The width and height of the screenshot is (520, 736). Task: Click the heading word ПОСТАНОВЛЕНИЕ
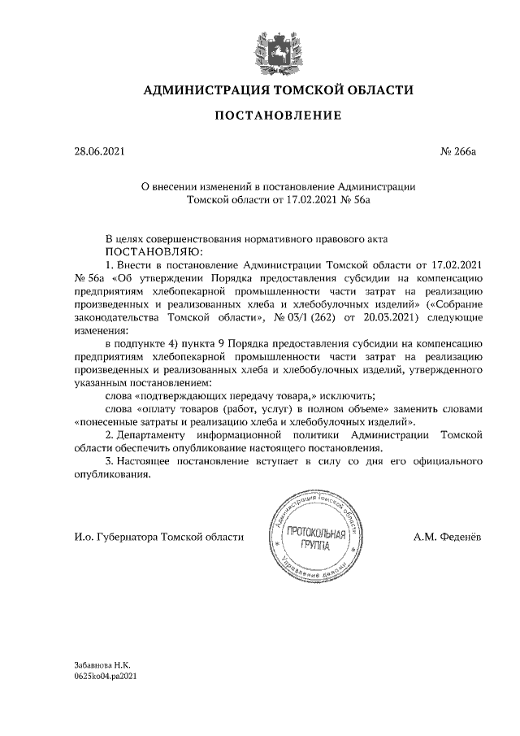[277, 115]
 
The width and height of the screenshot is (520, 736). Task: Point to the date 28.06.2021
[97, 150]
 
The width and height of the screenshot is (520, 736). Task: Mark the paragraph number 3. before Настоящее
[110, 463]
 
